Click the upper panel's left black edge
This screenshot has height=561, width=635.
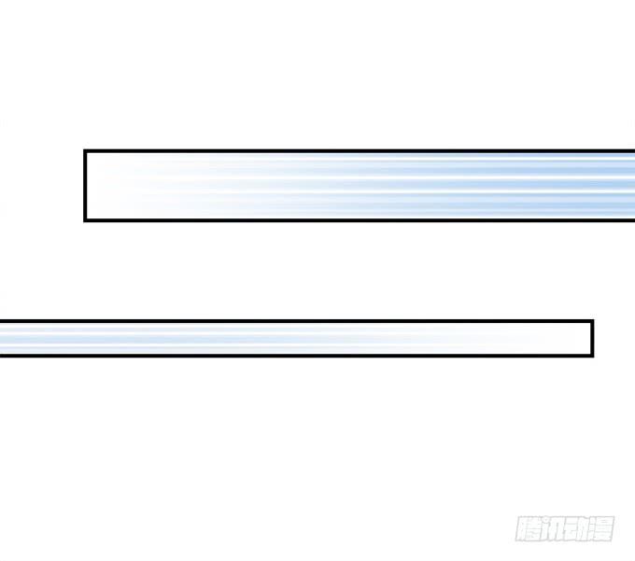point(85,186)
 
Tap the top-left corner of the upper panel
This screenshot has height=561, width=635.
point(84,150)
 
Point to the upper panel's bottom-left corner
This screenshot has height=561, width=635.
point(84,221)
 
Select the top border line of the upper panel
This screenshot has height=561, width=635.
point(360,151)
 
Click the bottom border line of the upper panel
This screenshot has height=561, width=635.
point(360,220)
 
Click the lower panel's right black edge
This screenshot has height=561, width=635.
point(592,339)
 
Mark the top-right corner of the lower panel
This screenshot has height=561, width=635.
point(593,320)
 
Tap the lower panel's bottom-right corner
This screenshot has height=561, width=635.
point(593,357)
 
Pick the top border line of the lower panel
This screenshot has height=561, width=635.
point(297,321)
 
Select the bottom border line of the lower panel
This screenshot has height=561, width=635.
point(297,356)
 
